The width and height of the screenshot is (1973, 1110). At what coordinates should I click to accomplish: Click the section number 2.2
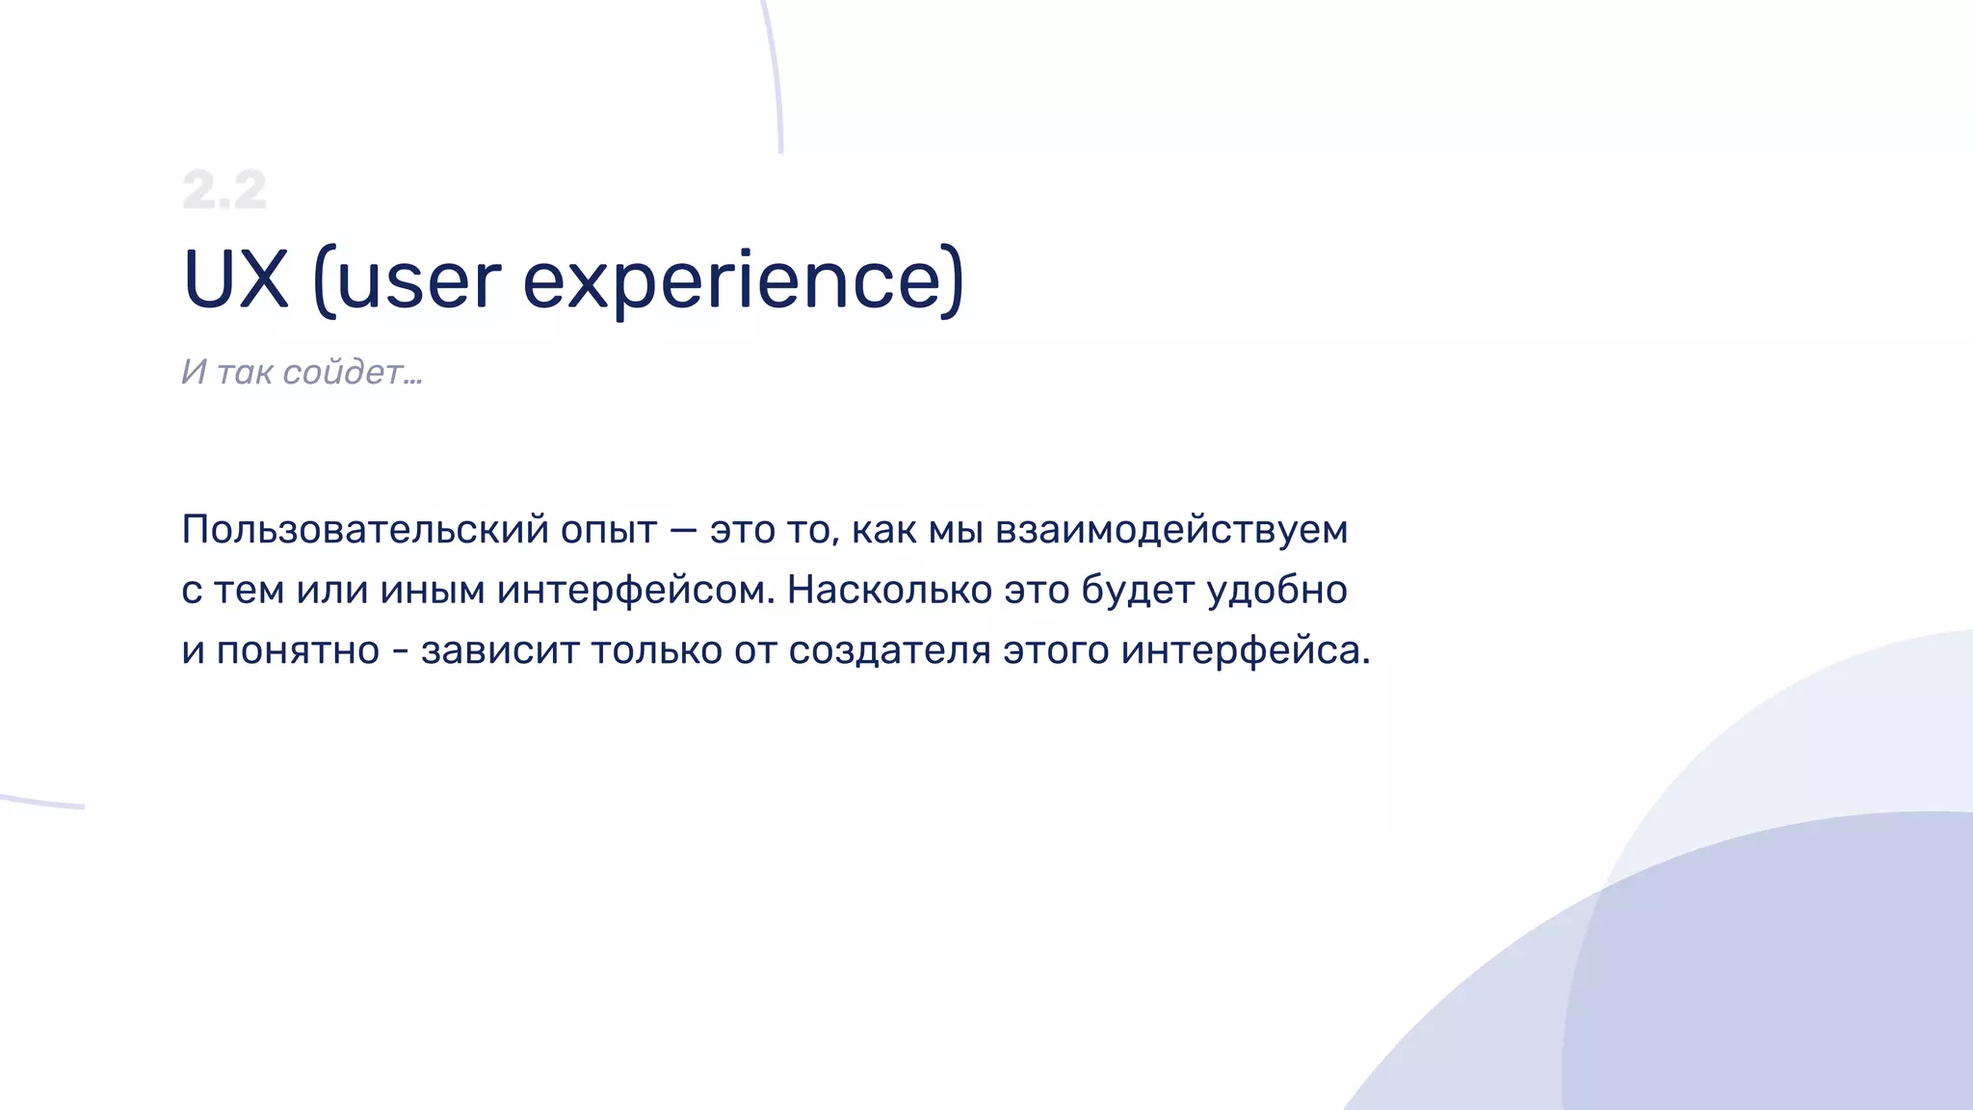[224, 190]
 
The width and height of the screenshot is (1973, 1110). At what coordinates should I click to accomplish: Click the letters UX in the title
[236, 280]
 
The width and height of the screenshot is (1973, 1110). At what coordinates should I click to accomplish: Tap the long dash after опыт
[683, 530]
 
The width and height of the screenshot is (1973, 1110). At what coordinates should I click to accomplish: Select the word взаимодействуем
[1171, 530]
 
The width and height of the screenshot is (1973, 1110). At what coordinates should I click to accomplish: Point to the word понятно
[298, 650]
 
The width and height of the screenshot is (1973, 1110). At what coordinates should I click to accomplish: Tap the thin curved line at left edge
[43, 803]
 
